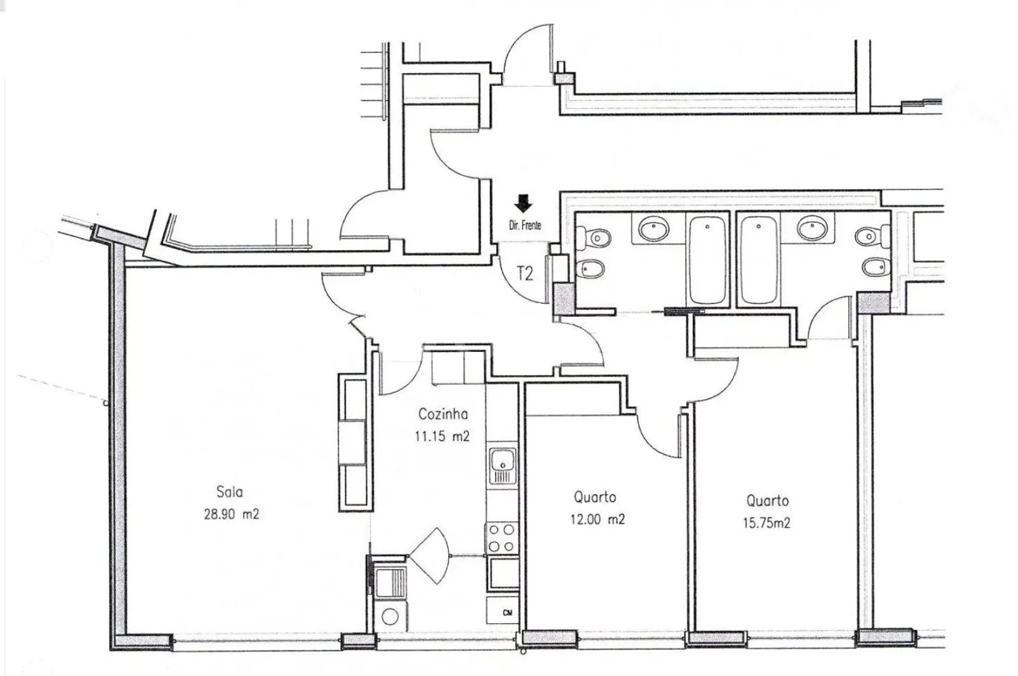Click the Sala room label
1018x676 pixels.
pos(230,492)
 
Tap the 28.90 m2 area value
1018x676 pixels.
pos(232,514)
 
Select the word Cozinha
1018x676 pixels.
pos(443,414)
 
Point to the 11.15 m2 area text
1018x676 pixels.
pos(442,437)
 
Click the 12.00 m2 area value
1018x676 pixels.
pos(597,519)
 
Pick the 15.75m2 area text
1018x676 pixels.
pos(767,523)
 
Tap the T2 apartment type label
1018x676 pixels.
pos(525,274)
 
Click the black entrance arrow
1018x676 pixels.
pos(524,204)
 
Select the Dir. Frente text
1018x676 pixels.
pos(525,225)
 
